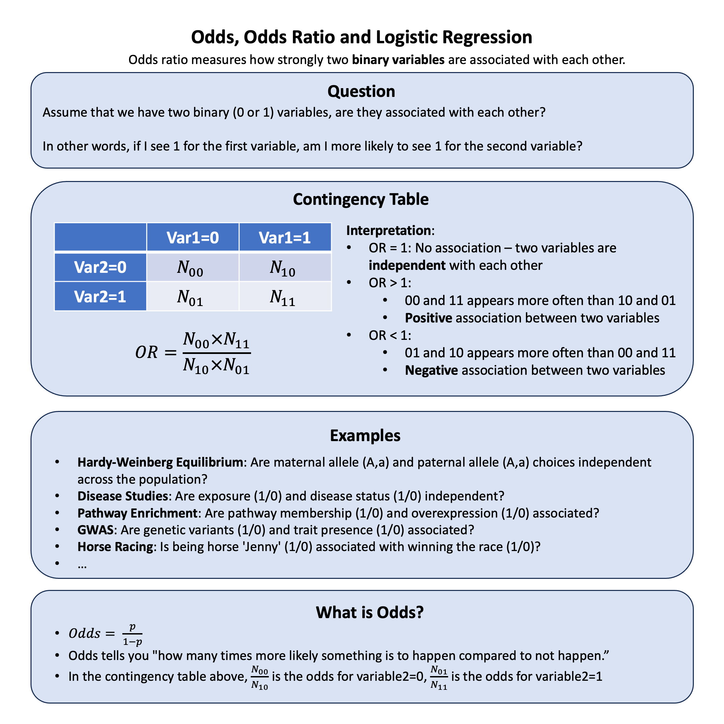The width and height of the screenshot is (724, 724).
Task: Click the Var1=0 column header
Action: [193, 238]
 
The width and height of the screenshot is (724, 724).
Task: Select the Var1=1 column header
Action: [285, 238]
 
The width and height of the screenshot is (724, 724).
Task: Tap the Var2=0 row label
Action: [100, 267]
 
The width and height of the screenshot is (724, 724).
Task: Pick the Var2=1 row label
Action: [100, 296]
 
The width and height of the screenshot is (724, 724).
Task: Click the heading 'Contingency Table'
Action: [361, 199]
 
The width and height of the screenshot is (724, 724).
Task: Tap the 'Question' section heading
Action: [361, 92]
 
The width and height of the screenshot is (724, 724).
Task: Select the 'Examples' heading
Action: [365, 435]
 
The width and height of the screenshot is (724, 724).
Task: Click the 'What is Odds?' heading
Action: [369, 612]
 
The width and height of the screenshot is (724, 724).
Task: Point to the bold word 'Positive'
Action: [428, 318]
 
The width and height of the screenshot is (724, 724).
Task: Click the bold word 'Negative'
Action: [431, 370]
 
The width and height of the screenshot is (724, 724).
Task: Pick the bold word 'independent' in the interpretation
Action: [407, 265]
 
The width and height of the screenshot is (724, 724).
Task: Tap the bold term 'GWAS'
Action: [95, 530]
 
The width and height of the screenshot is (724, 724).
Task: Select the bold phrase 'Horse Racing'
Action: [115, 547]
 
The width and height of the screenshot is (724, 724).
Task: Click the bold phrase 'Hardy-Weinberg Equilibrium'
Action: [160, 463]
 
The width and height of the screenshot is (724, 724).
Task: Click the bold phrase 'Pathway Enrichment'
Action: [137, 513]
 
